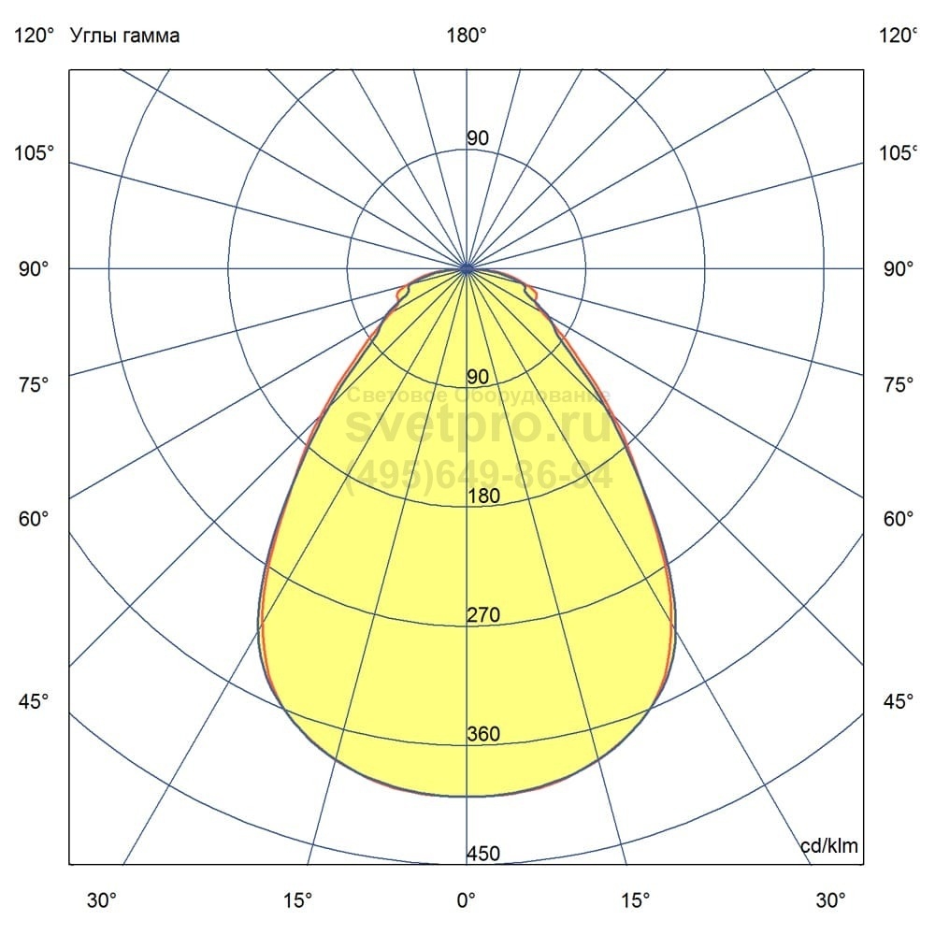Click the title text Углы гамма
pos(124,36)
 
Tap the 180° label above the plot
pos(467,36)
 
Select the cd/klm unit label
pos(829,846)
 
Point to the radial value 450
pos(483,854)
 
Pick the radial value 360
pos(483,734)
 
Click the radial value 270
pos(483,615)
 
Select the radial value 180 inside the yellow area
pos(483,496)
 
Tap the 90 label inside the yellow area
pos(478,377)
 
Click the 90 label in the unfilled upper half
pos(478,138)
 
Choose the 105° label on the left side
pos(34,152)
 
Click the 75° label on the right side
pos(899,384)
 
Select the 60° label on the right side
pos(899,519)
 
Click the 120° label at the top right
pos(899,36)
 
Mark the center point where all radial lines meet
pos(467,268)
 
